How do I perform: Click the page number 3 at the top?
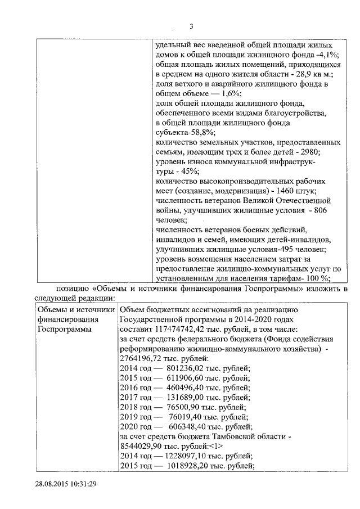[x=191, y=26]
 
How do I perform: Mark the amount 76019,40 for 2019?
[x=171, y=417]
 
